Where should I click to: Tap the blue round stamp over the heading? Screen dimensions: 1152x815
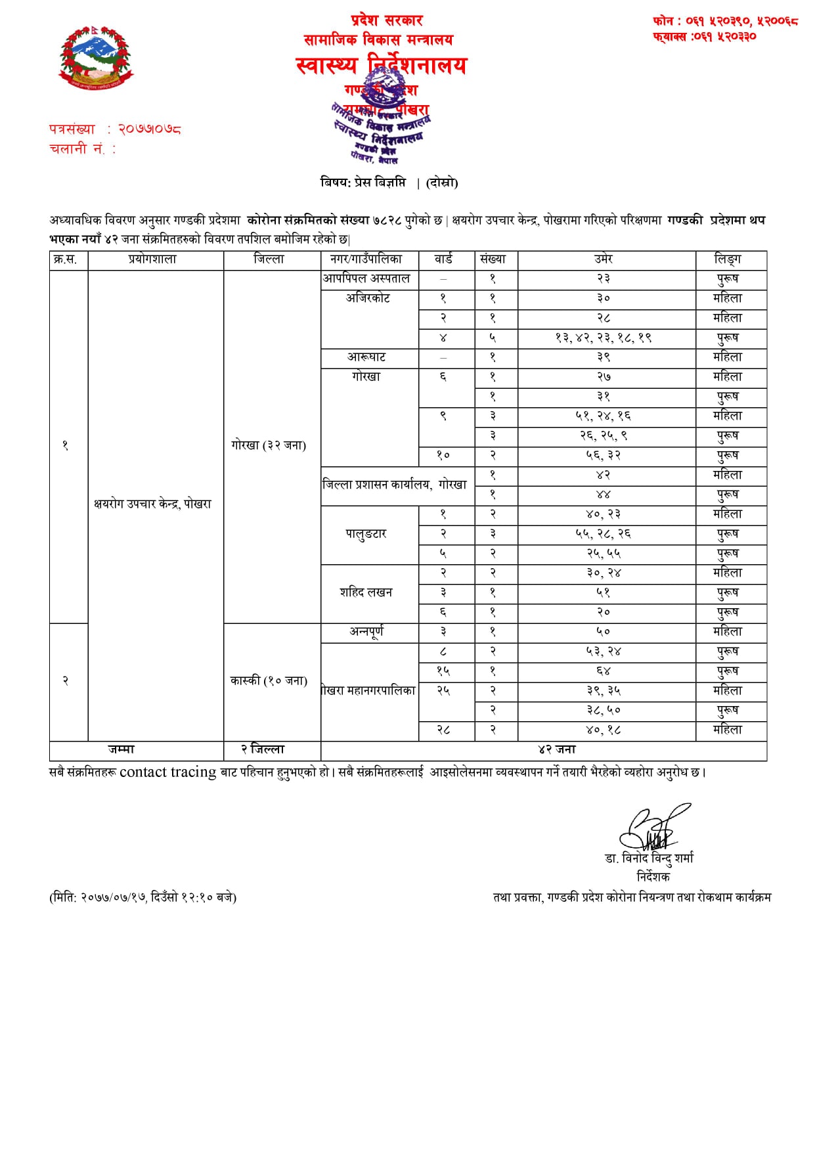tap(381, 122)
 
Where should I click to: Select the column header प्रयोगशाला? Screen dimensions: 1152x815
tap(152, 259)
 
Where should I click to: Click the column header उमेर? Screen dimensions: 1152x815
tap(604, 259)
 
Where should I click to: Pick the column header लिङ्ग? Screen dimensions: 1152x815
tap(728, 259)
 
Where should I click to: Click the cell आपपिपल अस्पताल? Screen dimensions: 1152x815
tap(366, 278)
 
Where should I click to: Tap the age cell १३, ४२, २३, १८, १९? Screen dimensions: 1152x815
tap(604, 338)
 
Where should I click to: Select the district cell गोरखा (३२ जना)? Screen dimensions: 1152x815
tap(269, 445)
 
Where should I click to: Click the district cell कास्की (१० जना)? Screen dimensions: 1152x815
tap(269, 680)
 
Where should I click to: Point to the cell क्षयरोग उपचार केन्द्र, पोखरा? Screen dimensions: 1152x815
tap(152, 504)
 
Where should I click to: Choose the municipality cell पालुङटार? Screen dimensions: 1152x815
tap(366, 533)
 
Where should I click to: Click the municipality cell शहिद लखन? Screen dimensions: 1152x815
tap(366, 592)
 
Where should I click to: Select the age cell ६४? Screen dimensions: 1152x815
tap(604, 671)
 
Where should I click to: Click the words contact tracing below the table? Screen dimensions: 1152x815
tap(167, 772)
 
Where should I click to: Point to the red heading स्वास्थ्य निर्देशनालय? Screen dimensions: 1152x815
tap(381, 66)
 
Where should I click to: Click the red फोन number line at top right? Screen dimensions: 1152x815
tap(725, 21)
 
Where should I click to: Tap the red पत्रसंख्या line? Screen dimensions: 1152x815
tap(115, 129)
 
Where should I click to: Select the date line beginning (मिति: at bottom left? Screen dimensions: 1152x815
tap(143, 897)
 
